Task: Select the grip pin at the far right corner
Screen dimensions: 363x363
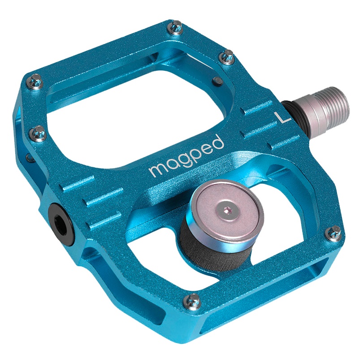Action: (332, 232)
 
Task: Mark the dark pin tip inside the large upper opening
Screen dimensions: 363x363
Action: (216, 81)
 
